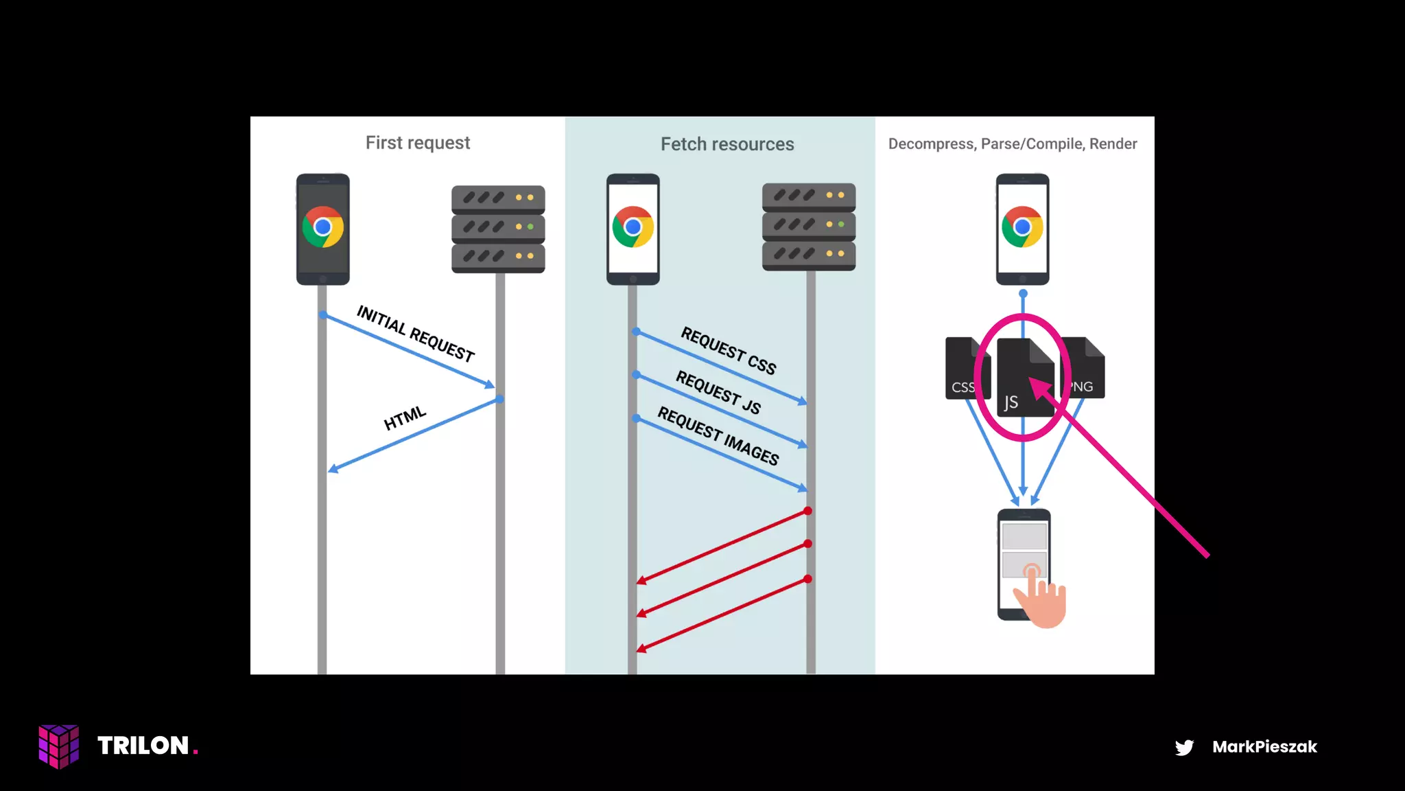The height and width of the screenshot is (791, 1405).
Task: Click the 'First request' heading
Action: (417, 143)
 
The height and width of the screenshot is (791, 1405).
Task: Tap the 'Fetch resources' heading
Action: (727, 144)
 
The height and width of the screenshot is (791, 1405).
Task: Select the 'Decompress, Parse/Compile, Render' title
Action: (1012, 144)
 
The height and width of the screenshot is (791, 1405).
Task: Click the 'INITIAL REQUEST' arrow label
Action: (416, 333)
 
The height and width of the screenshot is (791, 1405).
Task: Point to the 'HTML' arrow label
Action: (405, 417)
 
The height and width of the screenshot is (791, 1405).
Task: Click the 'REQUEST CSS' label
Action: (728, 351)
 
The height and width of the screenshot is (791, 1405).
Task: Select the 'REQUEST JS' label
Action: (718, 392)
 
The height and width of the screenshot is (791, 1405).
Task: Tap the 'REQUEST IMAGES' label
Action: (718, 436)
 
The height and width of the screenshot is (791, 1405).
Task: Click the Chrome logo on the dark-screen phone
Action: (322, 227)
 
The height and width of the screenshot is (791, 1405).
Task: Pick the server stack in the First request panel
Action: (498, 229)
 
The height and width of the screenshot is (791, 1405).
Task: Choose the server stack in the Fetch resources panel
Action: (809, 227)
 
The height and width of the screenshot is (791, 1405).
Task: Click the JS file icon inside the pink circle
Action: (1022, 378)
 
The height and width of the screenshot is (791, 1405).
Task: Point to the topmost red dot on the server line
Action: (808, 511)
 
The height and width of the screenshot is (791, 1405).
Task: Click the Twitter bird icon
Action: (1184, 747)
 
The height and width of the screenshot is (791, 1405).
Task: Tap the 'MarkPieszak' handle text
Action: (1264, 747)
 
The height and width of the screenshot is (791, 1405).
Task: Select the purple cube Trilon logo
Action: (59, 746)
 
